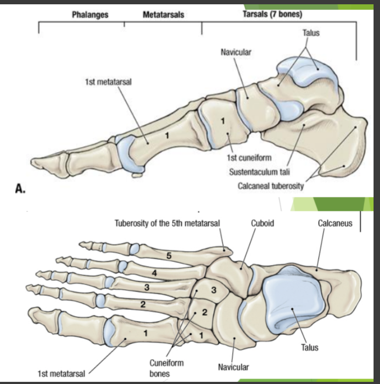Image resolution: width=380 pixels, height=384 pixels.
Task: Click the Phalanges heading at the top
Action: pos(90,15)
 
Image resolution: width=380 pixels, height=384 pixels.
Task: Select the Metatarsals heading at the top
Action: pos(163,15)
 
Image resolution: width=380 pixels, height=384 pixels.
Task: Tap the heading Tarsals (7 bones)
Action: pos(271,13)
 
